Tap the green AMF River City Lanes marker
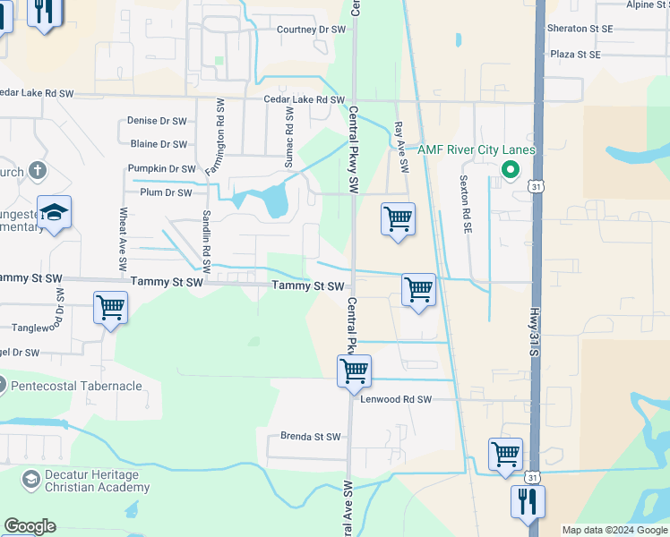tap(511, 168)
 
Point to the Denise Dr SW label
tap(157, 121)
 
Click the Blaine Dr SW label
tap(159, 144)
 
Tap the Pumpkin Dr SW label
tap(161, 168)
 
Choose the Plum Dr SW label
tap(165, 192)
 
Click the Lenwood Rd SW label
tap(396, 399)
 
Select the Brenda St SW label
tap(311, 437)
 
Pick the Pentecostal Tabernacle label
tap(77, 386)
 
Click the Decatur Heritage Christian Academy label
tap(87, 481)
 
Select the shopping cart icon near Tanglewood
tap(110, 309)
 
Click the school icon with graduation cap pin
tap(54, 213)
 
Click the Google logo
tap(30, 526)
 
